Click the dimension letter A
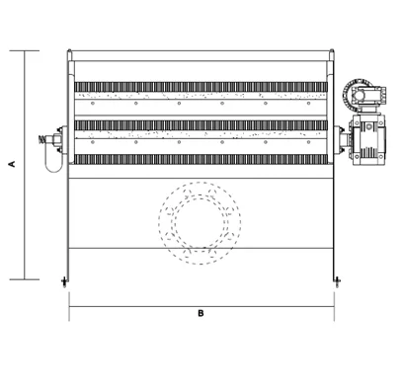point(13,164)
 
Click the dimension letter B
point(201,313)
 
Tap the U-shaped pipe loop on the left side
point(53,160)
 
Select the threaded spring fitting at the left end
point(42,139)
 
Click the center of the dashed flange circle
point(200,223)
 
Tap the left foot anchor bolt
point(64,281)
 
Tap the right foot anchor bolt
point(337,281)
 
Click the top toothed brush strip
point(201,87)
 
